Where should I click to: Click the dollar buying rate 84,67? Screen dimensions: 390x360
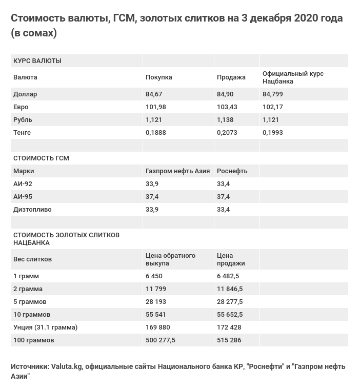154,94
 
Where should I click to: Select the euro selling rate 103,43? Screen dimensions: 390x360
227,107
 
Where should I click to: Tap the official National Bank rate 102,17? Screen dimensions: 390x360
272,107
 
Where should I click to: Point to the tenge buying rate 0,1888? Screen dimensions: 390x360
155,133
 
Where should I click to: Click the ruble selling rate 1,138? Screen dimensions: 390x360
225,120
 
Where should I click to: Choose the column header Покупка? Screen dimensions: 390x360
158,77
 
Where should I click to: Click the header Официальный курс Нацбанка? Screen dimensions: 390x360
293,77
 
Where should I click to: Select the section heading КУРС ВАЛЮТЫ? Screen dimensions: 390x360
37,61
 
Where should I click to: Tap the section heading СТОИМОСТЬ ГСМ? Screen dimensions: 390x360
41,158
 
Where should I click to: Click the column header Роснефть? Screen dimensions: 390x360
232,171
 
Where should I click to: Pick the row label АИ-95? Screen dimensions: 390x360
23,197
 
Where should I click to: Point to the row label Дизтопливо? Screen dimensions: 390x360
32,210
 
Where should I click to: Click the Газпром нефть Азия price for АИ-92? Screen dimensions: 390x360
152,184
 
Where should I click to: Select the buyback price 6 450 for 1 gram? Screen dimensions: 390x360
154,276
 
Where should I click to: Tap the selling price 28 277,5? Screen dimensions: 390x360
230,302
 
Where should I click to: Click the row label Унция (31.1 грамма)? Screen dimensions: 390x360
45,327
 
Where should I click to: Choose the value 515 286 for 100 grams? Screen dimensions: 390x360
229,340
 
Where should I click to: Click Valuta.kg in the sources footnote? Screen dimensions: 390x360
67,366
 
